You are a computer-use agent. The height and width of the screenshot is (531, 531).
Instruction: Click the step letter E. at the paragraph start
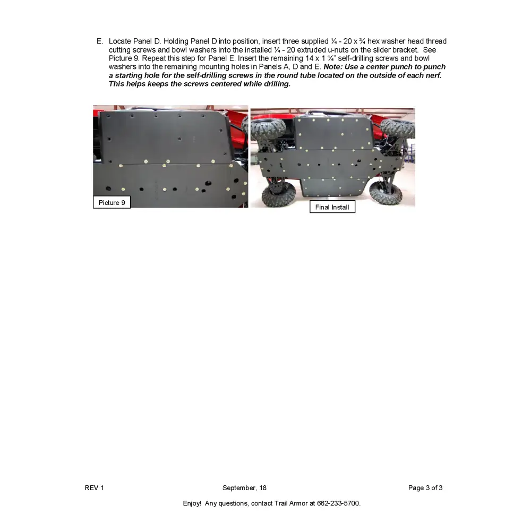[100, 41]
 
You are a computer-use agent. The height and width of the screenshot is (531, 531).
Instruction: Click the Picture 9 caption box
[112, 202]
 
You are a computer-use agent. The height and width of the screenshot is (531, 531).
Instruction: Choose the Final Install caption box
[332, 207]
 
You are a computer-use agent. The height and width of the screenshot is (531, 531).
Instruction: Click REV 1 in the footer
[95, 488]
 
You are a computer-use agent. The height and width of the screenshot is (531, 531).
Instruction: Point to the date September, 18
[244, 488]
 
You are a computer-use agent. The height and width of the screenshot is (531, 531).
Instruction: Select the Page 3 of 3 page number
[425, 488]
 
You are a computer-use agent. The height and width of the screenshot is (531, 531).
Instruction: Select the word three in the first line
[290, 41]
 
